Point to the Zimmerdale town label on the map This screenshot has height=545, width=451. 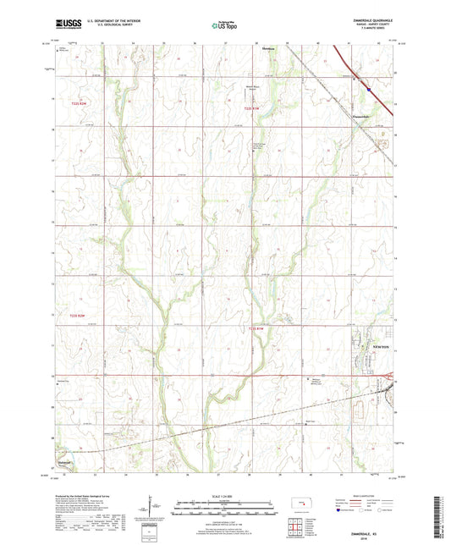pyautogui.click(x=360, y=116)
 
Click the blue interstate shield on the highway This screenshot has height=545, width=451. pyautogui.click(x=370, y=83)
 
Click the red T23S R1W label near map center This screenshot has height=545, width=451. pyautogui.click(x=261, y=328)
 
